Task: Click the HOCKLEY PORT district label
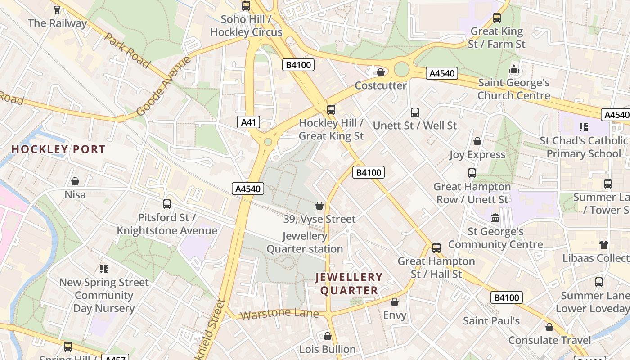tap(58, 149)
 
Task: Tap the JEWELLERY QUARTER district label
tap(349, 283)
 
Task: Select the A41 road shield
tap(249, 122)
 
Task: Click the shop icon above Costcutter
tap(381, 72)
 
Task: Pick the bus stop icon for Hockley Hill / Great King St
tap(331, 109)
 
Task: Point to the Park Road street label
tap(127, 50)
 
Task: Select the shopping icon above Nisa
tap(75, 181)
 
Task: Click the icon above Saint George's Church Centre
tap(513, 70)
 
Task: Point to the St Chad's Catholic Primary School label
tap(584, 147)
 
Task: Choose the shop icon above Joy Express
tap(477, 141)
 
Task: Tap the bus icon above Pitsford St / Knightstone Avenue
tap(167, 204)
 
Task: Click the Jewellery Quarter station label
tap(305, 243)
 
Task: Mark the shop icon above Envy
tap(395, 302)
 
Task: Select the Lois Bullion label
tap(328, 349)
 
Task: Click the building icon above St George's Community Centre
tap(495, 218)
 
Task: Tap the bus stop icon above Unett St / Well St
tap(415, 112)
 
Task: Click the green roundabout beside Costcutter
tap(402, 69)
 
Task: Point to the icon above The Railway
tap(57, 10)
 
